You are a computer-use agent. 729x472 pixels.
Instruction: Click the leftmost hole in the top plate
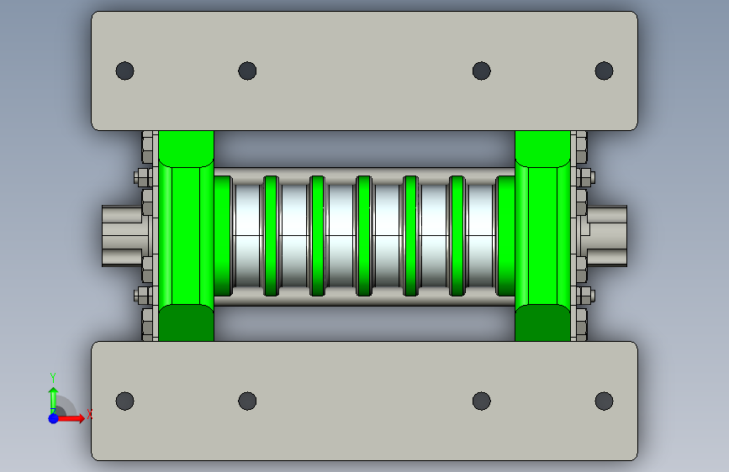(x=124, y=71)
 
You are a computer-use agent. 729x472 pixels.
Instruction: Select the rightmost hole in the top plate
(x=604, y=71)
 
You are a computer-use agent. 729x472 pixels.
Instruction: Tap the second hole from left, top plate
(x=247, y=71)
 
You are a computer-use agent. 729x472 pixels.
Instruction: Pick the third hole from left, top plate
(x=481, y=71)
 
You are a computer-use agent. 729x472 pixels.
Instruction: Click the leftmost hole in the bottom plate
(x=124, y=401)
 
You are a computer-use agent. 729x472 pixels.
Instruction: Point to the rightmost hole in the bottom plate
(x=604, y=401)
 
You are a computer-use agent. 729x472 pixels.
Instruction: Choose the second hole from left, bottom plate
(x=247, y=401)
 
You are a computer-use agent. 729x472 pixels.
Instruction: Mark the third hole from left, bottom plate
(x=481, y=401)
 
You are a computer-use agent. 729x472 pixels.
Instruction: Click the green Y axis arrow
(x=54, y=400)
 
